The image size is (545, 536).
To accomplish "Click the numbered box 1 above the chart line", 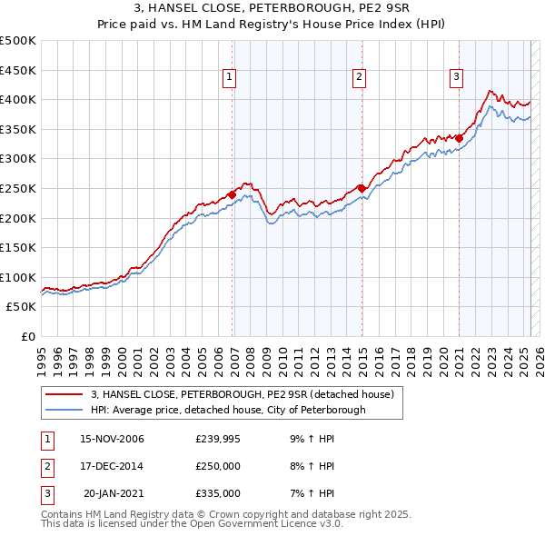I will [x=230, y=78].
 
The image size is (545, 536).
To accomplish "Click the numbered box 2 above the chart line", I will [x=360, y=78].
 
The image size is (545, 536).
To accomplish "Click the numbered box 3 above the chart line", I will [x=456, y=78].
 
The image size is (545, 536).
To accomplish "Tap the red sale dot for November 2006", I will [x=233, y=194].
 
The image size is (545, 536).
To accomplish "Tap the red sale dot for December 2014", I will [x=362, y=188].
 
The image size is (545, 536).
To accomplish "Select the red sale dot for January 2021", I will [x=460, y=138].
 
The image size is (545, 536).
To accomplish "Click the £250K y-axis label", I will [x=18, y=188].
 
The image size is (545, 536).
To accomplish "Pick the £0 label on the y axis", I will [x=27, y=336].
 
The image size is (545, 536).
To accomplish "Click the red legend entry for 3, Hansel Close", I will [x=242, y=394].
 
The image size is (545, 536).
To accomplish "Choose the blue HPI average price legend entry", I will [x=227, y=410].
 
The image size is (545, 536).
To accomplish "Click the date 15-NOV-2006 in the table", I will [x=112, y=439].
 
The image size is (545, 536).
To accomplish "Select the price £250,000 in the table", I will [x=218, y=466].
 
